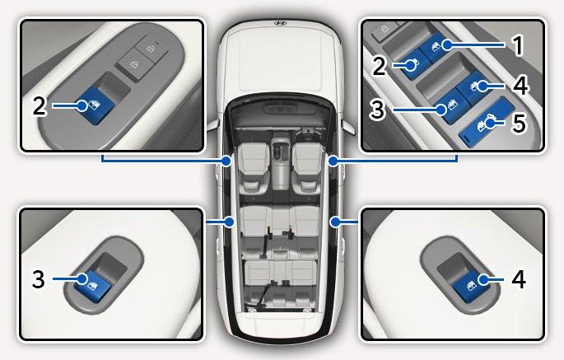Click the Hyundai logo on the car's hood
click(280, 23)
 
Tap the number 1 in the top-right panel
click(518, 46)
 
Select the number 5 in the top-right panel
click(519, 123)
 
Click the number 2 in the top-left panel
click(40, 106)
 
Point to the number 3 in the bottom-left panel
click(38, 279)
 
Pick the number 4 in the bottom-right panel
click(519, 279)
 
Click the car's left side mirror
click(212, 125)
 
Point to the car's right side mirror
click(347, 127)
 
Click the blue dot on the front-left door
click(226, 161)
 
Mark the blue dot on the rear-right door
click(335, 222)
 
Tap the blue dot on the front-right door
click(333, 161)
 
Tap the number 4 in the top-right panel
click(521, 86)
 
